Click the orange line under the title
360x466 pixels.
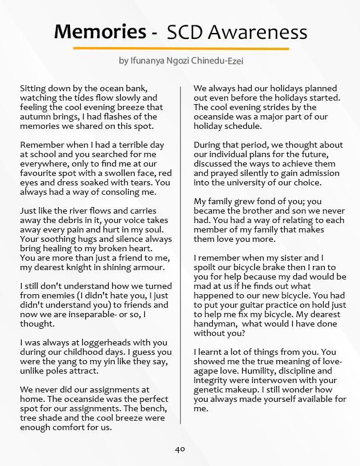pos(181,48)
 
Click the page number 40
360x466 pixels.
pos(180,449)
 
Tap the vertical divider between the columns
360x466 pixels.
pos(180,253)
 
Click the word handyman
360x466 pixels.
pos(216,324)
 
